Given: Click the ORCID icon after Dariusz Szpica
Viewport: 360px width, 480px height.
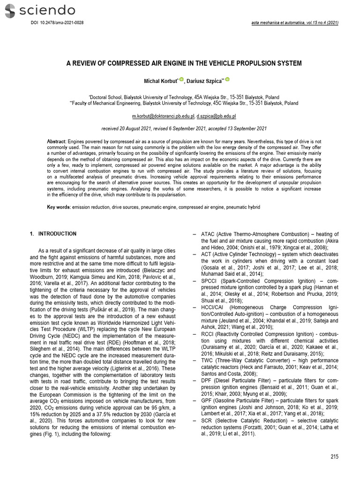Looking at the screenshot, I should click(x=228, y=80).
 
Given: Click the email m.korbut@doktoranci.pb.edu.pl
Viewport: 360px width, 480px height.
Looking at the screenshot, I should click(x=163, y=115).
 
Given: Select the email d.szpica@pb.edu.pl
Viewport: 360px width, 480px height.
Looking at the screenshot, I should click(x=216, y=115).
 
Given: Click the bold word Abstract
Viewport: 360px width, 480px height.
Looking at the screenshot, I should click(x=57, y=142).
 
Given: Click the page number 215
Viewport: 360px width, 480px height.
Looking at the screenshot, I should click(x=334, y=456).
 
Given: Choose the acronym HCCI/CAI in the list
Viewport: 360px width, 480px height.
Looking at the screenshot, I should click(x=214, y=307).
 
